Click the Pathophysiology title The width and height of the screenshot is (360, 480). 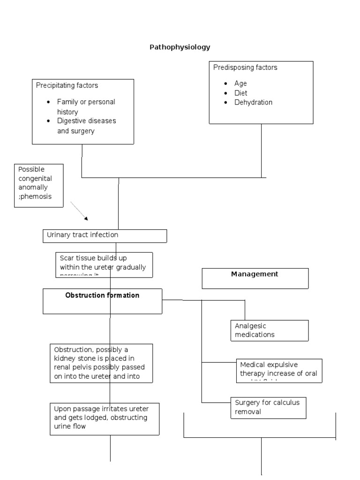point(180,47)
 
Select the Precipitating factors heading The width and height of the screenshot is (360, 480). point(67,85)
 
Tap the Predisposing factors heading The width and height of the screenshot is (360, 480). point(245,67)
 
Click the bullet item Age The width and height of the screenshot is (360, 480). point(240,83)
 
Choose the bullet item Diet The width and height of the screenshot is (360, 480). point(240,93)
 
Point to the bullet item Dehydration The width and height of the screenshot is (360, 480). point(253,102)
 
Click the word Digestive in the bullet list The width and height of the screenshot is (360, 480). point(72,121)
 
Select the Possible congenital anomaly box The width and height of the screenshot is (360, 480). point(38,185)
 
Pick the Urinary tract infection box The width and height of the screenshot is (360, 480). point(105,235)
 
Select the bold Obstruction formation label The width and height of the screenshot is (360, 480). point(102,296)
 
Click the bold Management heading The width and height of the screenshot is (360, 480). point(255,274)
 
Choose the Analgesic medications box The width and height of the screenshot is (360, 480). point(269,330)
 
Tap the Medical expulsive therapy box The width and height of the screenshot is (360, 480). point(279,370)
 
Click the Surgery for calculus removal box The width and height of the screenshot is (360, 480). point(268,407)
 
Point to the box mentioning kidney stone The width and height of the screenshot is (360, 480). point(101,363)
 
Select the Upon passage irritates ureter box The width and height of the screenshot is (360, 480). point(105,418)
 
